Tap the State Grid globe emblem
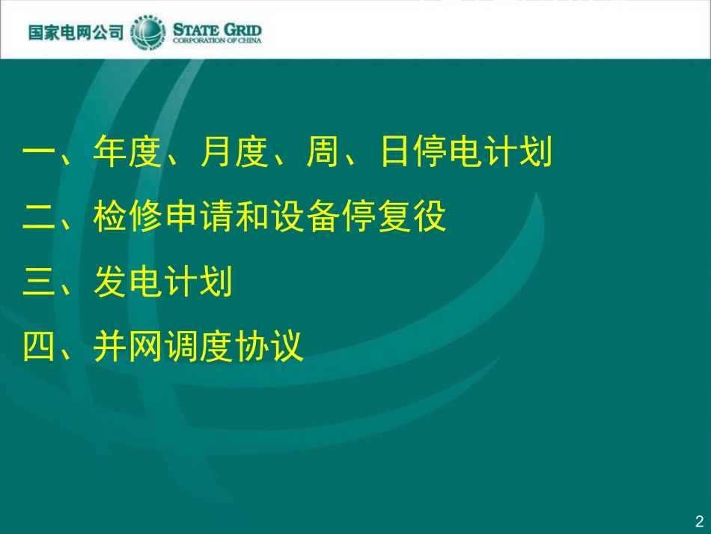click(x=148, y=33)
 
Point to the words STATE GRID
click(x=217, y=29)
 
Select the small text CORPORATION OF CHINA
click(x=217, y=40)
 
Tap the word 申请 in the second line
click(x=198, y=218)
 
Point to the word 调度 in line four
click(x=198, y=347)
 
